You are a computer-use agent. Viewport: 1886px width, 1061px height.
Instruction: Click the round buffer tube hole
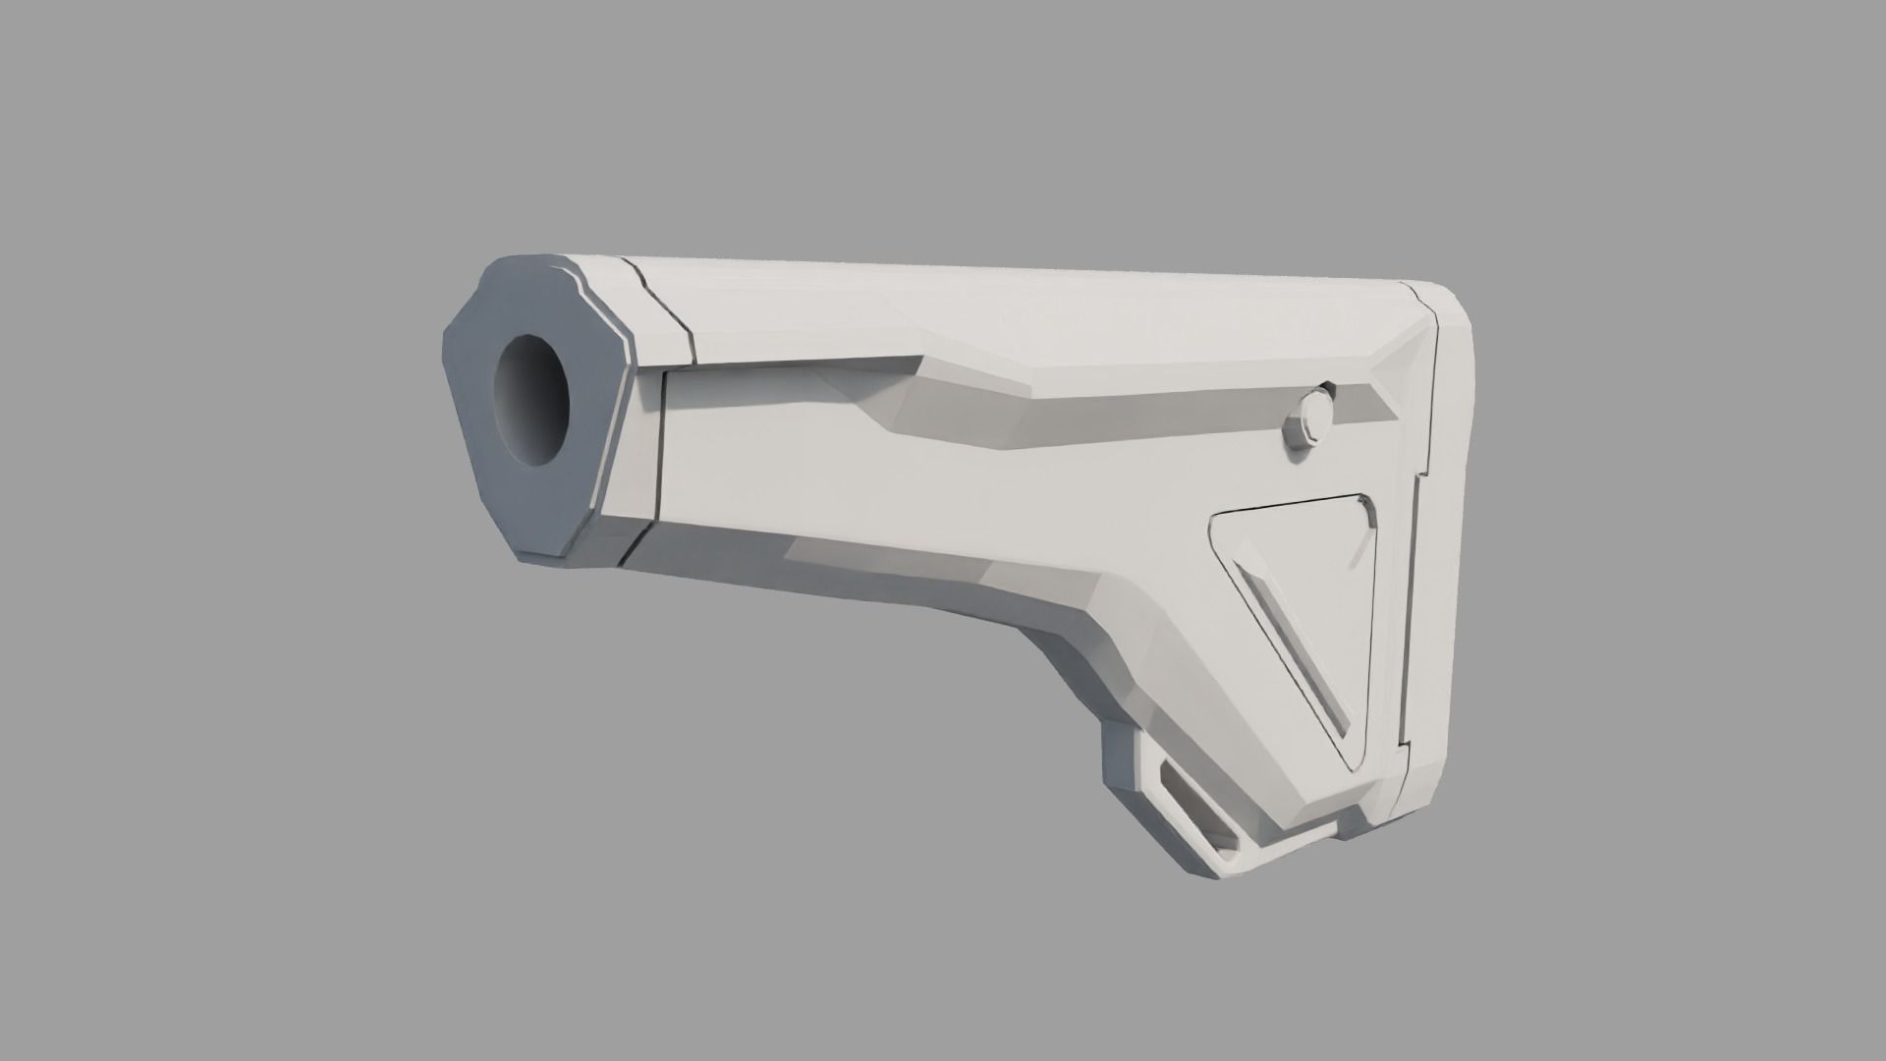532,401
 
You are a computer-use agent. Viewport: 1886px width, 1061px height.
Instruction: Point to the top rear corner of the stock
1444,295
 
